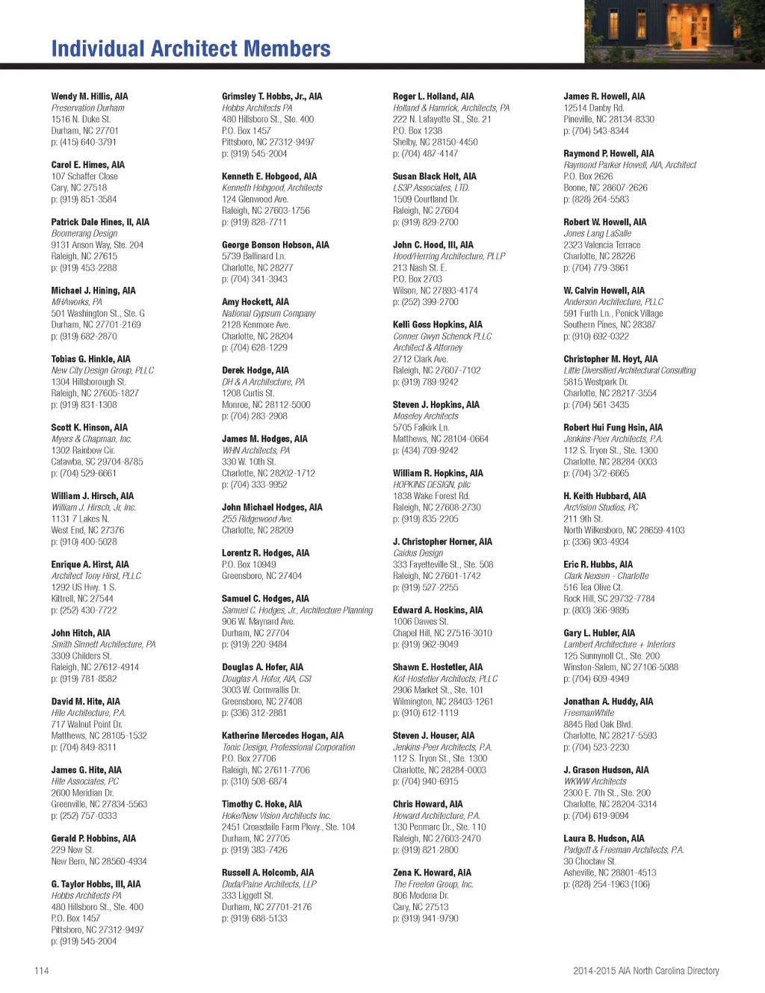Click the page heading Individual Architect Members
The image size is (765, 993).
pyautogui.click(x=191, y=49)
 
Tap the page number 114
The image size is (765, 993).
pyautogui.click(x=41, y=971)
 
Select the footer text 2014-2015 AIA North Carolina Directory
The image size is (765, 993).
pyautogui.click(x=645, y=971)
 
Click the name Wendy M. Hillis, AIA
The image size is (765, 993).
pyautogui.click(x=89, y=96)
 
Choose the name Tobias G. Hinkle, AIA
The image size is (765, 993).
pyautogui.click(x=90, y=359)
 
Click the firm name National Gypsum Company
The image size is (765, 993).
pyautogui.click(x=268, y=314)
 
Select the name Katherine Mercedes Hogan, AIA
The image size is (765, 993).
pyautogui.click(x=282, y=735)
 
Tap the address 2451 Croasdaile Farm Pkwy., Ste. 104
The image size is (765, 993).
pyautogui.click(x=288, y=827)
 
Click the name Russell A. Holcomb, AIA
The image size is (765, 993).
pyautogui.click(x=267, y=873)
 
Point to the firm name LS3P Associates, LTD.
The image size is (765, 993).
pyautogui.click(x=430, y=188)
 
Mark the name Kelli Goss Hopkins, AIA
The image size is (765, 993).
pyautogui.click(x=437, y=324)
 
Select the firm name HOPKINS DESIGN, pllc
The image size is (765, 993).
pyautogui.click(x=431, y=484)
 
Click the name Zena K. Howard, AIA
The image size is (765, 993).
pyautogui.click(x=432, y=873)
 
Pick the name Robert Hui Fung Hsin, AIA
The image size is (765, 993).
pyautogui.click(x=613, y=427)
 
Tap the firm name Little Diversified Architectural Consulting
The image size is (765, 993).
pyautogui.click(x=629, y=371)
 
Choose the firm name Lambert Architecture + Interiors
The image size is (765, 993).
pyautogui.click(x=619, y=644)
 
